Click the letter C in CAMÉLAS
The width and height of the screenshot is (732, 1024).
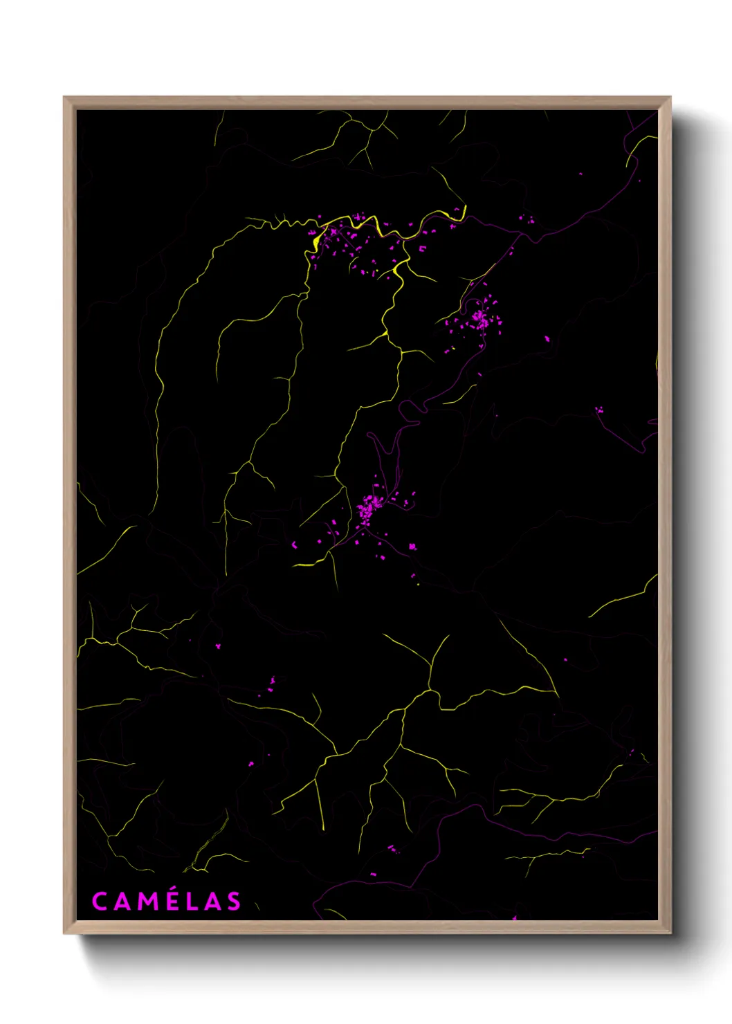[x=100, y=901]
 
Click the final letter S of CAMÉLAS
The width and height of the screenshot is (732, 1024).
[x=234, y=901]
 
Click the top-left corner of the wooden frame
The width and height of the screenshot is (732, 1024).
[x=64, y=98]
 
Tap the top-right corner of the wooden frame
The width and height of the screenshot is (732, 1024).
[x=670, y=98]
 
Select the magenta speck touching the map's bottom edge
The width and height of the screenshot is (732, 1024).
[x=515, y=918]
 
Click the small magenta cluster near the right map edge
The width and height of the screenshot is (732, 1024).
[x=599, y=410]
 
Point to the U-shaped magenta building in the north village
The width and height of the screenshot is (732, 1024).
[x=423, y=248]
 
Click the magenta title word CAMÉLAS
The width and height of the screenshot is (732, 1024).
[x=167, y=901]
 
